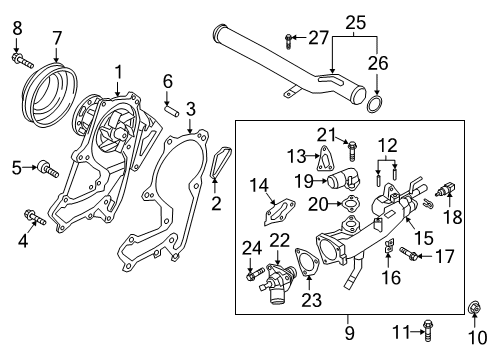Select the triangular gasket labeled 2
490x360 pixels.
[220, 166]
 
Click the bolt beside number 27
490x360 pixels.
[289, 39]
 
